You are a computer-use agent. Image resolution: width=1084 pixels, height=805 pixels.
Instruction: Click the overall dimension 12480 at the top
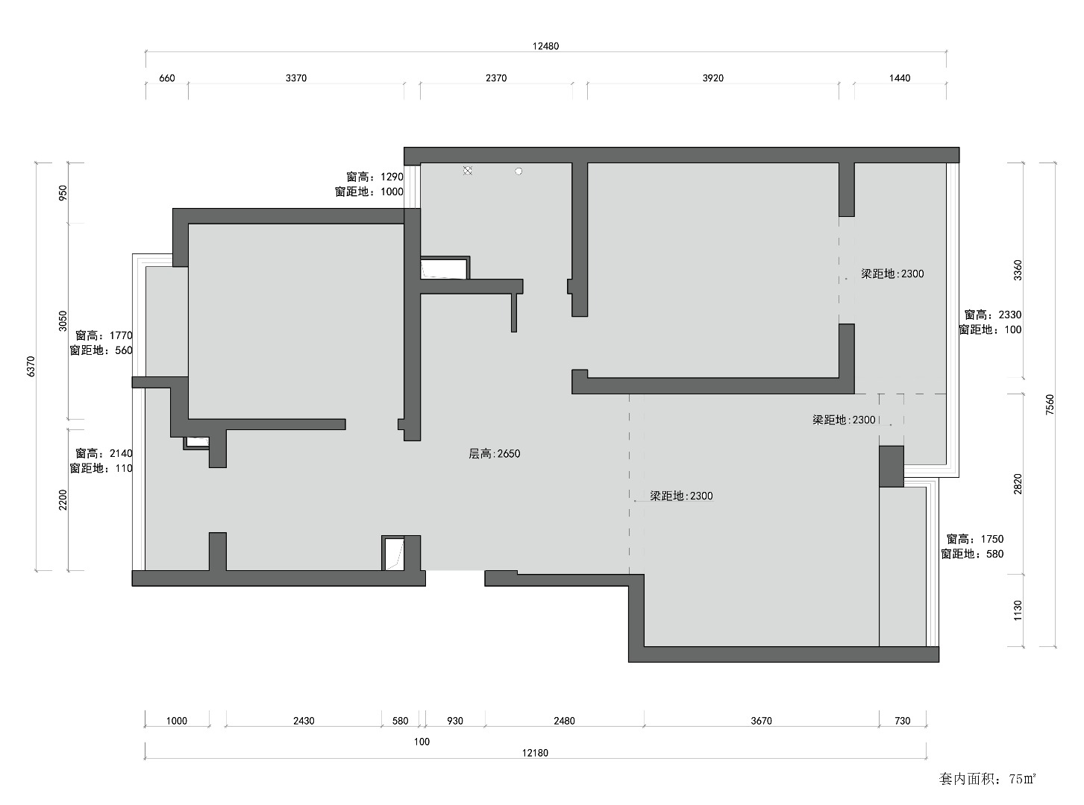pyautogui.click(x=545, y=46)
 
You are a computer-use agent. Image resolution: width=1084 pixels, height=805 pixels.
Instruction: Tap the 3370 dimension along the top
pyautogui.click(x=296, y=78)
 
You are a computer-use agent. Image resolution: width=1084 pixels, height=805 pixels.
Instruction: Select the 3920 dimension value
pyautogui.click(x=712, y=78)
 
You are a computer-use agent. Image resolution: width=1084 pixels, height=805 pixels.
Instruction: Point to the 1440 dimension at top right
pyautogui.click(x=900, y=78)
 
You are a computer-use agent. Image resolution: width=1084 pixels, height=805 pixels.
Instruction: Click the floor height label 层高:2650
pyautogui.click(x=494, y=454)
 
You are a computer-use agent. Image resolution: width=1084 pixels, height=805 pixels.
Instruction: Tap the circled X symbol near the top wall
pyautogui.click(x=468, y=171)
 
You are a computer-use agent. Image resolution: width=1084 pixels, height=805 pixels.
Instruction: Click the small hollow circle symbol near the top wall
pyautogui.click(x=518, y=171)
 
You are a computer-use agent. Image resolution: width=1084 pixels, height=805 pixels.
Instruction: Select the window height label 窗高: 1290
pyautogui.click(x=375, y=177)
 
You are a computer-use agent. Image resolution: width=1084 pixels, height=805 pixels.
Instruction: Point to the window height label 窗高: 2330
pyautogui.click(x=992, y=315)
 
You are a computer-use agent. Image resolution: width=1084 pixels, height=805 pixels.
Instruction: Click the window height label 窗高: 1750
pyautogui.click(x=974, y=539)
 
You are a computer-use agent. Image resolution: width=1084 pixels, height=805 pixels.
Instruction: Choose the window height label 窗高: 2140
pyautogui.click(x=104, y=453)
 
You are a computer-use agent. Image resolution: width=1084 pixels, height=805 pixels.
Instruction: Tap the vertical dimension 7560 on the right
pyautogui.click(x=1050, y=405)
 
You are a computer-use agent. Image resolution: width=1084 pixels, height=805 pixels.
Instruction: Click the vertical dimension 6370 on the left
pyautogui.click(x=31, y=367)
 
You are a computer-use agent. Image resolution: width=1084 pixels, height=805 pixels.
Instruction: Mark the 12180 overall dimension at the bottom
pyautogui.click(x=535, y=753)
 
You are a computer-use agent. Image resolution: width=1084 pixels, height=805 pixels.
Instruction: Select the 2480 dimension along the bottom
pyautogui.click(x=564, y=721)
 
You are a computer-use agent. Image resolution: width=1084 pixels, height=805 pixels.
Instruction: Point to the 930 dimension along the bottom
pyautogui.click(x=455, y=721)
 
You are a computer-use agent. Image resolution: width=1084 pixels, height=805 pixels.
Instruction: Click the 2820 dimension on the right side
pyautogui.click(x=1018, y=484)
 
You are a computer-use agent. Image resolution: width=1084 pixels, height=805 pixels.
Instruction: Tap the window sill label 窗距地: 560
pyautogui.click(x=101, y=350)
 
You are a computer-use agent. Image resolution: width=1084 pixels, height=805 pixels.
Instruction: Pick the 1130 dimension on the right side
pyautogui.click(x=1018, y=610)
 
